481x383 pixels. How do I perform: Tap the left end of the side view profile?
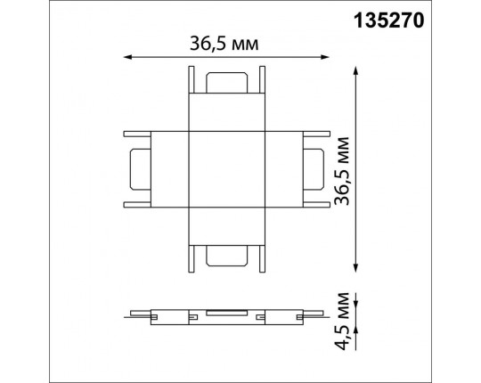click(x=132, y=314)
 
